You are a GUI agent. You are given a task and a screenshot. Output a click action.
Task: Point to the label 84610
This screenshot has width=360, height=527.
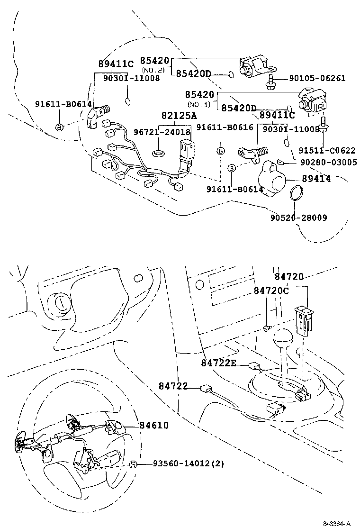coord(154,426)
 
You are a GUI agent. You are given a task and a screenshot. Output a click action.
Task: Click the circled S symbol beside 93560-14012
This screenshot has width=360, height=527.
coord(134,464)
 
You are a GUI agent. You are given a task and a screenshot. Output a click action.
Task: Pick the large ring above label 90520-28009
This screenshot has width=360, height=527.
coord(296,194)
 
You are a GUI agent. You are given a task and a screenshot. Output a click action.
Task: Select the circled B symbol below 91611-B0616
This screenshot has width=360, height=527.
coord(220,151)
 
